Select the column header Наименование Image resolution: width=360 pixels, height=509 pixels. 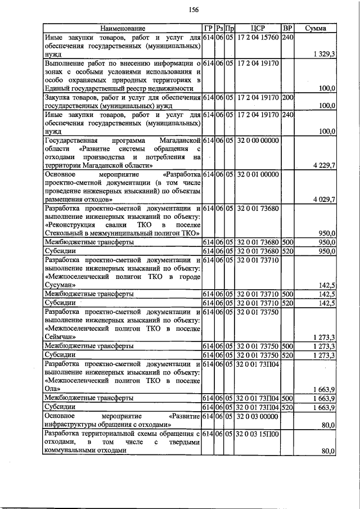123,28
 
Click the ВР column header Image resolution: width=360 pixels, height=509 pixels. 287,28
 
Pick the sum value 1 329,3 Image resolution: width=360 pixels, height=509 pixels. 324,54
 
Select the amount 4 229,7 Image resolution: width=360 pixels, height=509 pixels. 323,165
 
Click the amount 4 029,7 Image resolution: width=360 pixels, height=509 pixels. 323,200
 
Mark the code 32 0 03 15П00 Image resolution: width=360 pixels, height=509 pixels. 258,434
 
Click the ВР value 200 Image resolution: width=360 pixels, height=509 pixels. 287,97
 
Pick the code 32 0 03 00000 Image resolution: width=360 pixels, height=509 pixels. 258,416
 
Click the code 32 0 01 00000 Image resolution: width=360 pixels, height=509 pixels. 258,174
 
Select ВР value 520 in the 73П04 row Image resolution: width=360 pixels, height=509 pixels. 287,407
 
